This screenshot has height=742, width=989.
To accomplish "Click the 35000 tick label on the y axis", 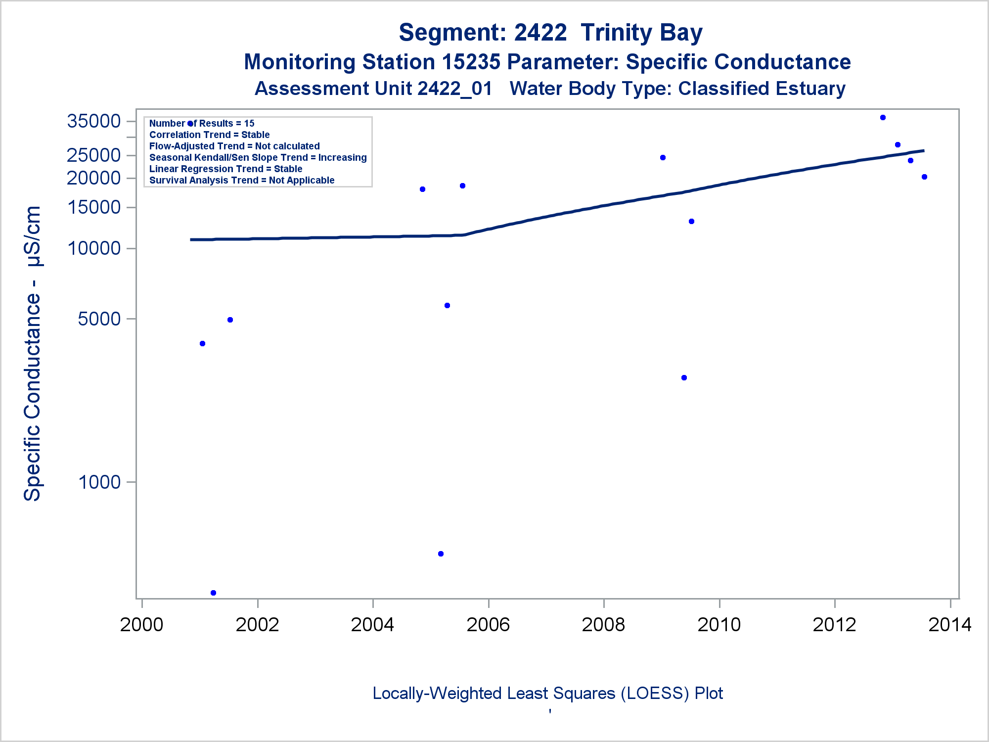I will point(94,121).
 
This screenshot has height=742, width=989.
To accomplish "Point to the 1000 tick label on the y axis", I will point(100,482).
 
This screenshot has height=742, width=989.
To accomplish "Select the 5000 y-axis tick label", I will point(99,319).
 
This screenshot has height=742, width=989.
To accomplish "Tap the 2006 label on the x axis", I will point(488,625).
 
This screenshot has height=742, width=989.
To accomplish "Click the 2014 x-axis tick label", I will point(950,625).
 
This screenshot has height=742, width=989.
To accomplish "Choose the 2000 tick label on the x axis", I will point(141,625).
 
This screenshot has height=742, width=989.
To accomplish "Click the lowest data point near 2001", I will point(213,593).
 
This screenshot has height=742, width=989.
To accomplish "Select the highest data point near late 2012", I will point(883,118).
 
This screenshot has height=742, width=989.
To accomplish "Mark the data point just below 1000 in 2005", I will point(441,554).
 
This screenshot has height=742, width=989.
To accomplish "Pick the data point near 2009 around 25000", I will point(663,158).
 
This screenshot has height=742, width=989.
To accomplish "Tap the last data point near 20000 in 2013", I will point(924,177).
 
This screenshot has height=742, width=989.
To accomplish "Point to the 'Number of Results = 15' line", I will point(202,124).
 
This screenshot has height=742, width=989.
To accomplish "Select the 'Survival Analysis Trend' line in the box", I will point(242,181).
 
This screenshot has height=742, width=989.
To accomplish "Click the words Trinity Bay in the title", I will point(641,33).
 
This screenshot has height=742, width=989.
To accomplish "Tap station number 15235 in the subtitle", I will point(471,62).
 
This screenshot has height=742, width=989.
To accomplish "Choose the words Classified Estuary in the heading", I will point(762,89).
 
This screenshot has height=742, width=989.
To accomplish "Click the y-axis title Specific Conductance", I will point(33,353).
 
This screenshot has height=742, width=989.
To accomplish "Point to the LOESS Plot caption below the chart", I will point(547,694).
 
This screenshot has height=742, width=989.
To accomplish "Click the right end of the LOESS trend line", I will point(923,151).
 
